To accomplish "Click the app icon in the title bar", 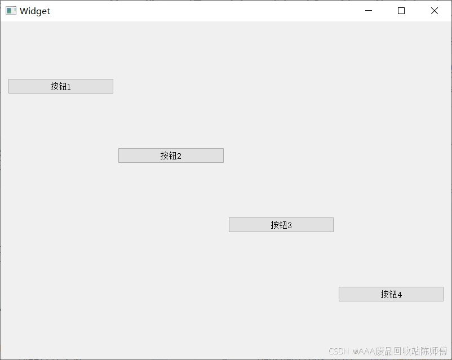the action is pyautogui.click(x=11, y=11).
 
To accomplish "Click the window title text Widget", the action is pyautogui.click(x=35, y=11).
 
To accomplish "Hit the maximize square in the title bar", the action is pyautogui.click(x=401, y=11).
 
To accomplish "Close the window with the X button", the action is pyautogui.click(x=435, y=11).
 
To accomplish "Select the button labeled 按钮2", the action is pyautogui.click(x=171, y=155).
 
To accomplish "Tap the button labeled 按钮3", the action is pyautogui.click(x=281, y=225).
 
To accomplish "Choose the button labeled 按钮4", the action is pyautogui.click(x=391, y=294).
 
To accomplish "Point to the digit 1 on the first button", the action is pyautogui.click(x=69, y=87).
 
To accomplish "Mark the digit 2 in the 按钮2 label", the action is pyautogui.click(x=179, y=156).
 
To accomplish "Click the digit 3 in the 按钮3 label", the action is pyautogui.click(x=289, y=225).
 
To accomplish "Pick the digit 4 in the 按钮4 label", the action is pyautogui.click(x=400, y=295).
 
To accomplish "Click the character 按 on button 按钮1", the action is pyautogui.click(x=54, y=86).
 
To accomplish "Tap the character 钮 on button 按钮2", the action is pyautogui.click(x=172, y=155).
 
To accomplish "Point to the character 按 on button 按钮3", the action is pyautogui.click(x=274, y=225).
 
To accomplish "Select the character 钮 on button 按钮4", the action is pyautogui.click(x=392, y=294).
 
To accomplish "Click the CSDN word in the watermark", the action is pyautogui.click(x=338, y=351).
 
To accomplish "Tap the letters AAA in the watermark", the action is pyautogui.click(x=366, y=351).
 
